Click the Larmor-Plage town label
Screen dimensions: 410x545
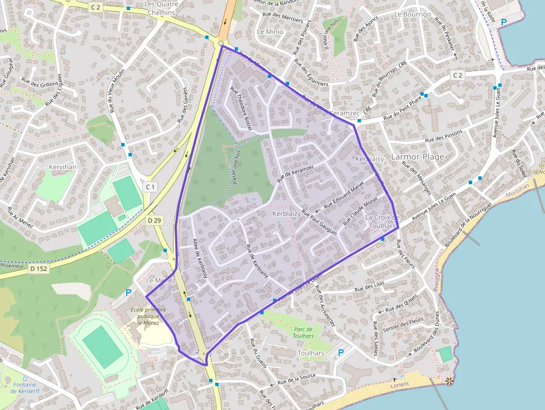pos(418,157)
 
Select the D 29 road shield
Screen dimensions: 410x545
pos(154,221)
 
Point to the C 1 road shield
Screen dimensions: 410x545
pos(150,186)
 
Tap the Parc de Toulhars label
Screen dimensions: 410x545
pos(304,332)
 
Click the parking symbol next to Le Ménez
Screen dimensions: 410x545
pos(128,293)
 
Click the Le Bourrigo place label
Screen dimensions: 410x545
pos(412,14)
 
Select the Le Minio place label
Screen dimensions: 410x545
pos(270,32)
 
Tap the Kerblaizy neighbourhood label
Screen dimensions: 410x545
pos(286,214)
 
